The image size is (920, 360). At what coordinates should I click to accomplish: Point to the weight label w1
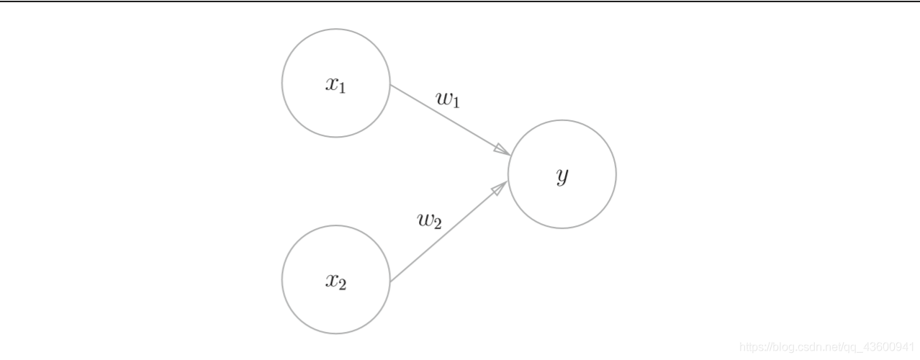point(448,99)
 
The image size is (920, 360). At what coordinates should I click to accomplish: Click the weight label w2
point(430,221)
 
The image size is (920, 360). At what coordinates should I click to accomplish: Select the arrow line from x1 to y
point(451,120)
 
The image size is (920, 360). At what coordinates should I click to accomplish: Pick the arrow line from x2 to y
point(448,231)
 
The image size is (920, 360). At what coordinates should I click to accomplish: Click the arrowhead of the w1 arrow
point(503,150)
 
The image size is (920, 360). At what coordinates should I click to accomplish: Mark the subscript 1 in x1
point(342,89)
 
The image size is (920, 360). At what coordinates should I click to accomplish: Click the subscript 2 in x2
point(342,284)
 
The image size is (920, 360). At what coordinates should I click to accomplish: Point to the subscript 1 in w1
point(456,103)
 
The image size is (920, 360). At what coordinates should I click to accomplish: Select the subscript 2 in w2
point(438,224)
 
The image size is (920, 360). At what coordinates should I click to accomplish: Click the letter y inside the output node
point(562,176)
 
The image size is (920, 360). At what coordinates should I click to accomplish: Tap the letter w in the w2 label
point(425,219)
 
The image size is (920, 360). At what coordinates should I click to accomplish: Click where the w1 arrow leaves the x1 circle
point(390,85)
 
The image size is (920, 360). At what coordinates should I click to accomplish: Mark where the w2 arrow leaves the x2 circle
point(389,282)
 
